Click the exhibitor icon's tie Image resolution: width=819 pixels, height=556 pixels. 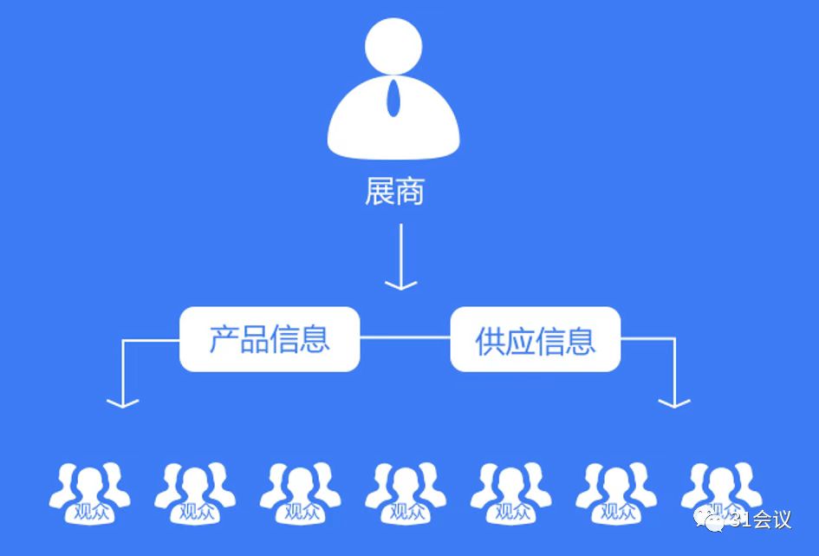394,97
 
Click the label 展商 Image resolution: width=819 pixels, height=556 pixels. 394,192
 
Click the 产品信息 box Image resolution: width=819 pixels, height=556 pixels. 270,339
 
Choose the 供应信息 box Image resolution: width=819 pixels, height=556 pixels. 535,340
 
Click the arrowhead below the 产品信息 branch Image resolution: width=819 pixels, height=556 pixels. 123,401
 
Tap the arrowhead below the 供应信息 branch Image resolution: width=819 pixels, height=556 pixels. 674,401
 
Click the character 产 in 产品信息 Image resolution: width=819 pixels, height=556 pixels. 224,339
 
